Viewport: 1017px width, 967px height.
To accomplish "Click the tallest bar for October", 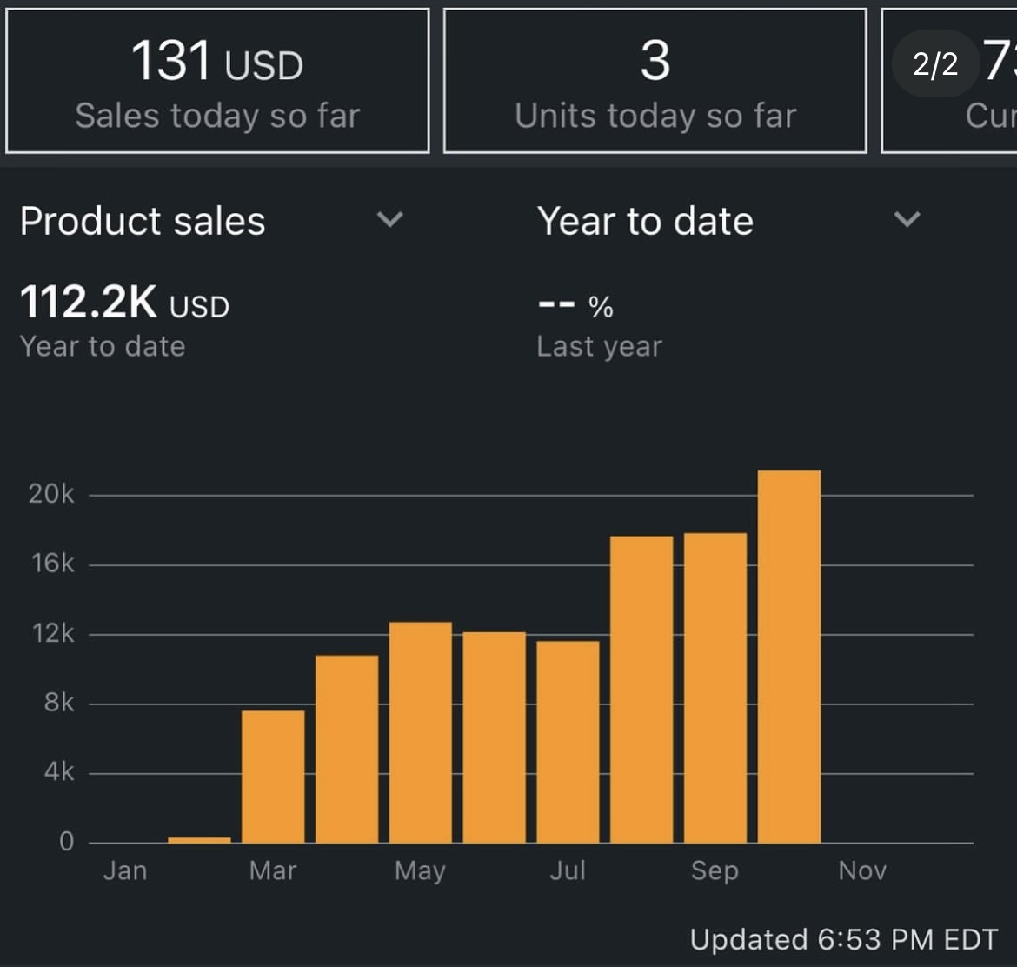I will (789, 657).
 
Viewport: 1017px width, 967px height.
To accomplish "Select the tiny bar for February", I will (199, 840).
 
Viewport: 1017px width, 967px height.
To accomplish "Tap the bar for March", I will (273, 777).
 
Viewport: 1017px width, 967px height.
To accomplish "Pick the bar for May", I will (421, 732).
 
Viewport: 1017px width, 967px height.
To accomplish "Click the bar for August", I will (641, 690).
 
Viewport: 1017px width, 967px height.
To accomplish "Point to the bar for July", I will (568, 742).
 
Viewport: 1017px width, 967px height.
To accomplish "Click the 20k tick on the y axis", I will (51, 494).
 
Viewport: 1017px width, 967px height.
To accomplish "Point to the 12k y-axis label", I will (51, 633).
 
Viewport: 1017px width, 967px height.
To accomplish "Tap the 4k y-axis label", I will (58, 772).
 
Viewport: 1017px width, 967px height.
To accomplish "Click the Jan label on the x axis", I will (125, 870).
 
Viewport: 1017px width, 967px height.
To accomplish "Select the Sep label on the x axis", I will (715, 870).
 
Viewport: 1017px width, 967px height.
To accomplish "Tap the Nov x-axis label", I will (862, 870).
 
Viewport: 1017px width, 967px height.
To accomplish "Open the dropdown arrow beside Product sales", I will (390, 219).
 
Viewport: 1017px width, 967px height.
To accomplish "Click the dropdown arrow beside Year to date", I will (907, 219).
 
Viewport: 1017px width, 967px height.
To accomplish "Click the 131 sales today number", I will (171, 63).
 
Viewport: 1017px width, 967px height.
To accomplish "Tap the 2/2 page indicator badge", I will (935, 63).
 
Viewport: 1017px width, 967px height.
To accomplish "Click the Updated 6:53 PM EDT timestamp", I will (844, 939).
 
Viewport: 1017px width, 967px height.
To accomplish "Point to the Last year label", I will (599, 346).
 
